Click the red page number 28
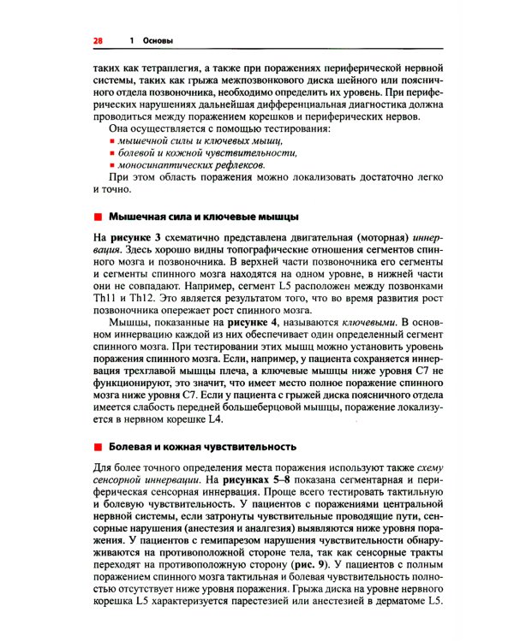point(98,40)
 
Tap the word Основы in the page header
point(157,40)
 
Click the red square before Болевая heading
point(98,447)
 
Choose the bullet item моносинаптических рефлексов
point(191,164)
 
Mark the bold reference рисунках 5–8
point(239,482)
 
